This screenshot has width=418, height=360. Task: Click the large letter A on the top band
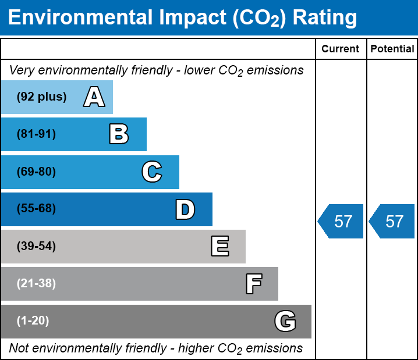[94, 97]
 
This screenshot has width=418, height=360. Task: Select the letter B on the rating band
[119, 134]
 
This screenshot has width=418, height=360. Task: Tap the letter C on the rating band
[152, 172]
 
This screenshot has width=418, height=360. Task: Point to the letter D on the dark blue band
[185, 209]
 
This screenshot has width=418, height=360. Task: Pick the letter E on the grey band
[219, 247]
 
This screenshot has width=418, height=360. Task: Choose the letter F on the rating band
[253, 284]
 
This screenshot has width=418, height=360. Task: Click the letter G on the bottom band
[285, 321]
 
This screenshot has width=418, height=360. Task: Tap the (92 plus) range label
[41, 97]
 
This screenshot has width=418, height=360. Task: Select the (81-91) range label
[36, 134]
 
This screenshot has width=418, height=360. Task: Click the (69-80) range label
[36, 172]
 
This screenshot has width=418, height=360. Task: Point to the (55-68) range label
[36, 209]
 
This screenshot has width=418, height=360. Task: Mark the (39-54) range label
[36, 247]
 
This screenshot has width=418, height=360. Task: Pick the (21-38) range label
[36, 284]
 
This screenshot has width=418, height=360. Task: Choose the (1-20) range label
[33, 321]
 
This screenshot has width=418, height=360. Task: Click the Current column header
[341, 49]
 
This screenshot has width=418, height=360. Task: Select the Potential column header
[392, 49]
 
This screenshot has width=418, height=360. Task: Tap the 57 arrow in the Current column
[342, 222]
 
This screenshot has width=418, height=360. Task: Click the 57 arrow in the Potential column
[393, 222]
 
